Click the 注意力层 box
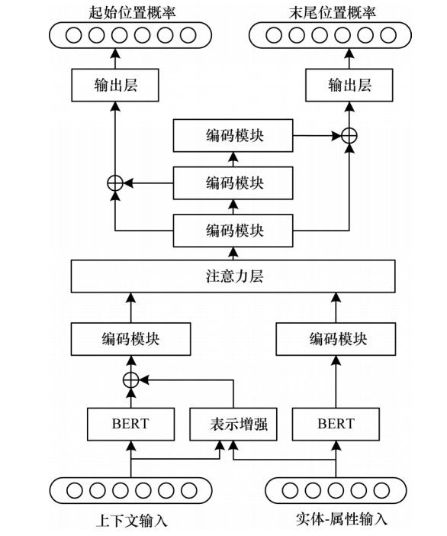[233, 276]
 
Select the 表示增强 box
[233, 425]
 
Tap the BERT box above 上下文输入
[130, 425]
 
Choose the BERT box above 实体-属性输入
[336, 425]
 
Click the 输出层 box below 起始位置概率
[115, 85]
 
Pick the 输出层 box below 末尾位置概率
[349, 85]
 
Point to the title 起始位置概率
[132, 13]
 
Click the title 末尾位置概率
[333, 13]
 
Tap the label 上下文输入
[132, 521]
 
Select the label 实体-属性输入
[341, 519]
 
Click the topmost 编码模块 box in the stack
[233, 135]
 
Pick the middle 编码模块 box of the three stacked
[233, 183]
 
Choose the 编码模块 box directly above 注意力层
[233, 231]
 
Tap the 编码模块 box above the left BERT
[130, 339]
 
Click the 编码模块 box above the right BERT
[336, 339]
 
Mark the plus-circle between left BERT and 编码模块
[130, 379]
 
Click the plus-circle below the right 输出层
[349, 136]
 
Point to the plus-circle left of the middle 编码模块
[115, 183]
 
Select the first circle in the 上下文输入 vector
[74, 490]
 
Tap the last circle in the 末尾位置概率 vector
[388, 35]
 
